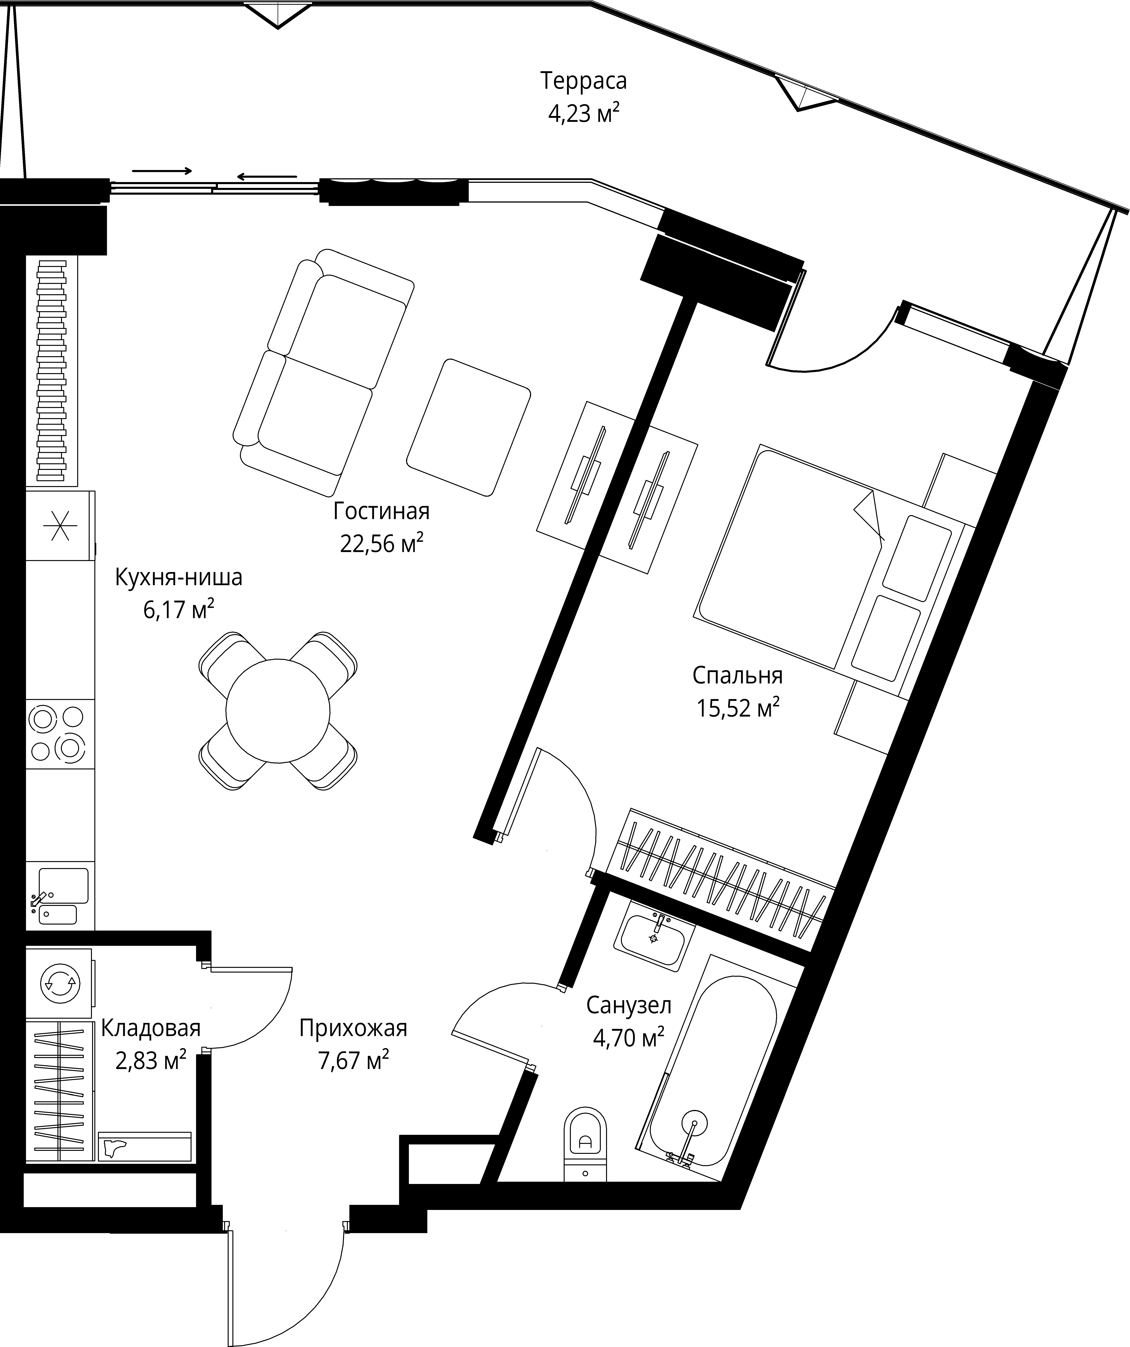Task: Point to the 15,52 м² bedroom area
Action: tap(738, 709)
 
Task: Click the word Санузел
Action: tap(629, 1005)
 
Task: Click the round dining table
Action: tap(278, 711)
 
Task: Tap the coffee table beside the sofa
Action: tap(468, 427)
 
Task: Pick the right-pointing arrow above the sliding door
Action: tap(162, 171)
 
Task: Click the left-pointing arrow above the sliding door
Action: tap(266, 176)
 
